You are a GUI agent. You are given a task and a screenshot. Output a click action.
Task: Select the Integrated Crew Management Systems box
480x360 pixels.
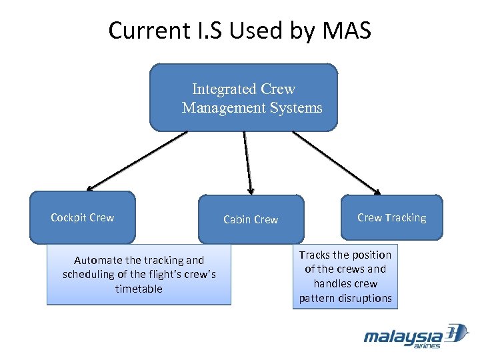(x=243, y=97)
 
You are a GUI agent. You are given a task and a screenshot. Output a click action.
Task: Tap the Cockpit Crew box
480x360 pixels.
(x=82, y=218)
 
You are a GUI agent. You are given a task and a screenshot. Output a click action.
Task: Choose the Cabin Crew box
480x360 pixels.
(x=251, y=219)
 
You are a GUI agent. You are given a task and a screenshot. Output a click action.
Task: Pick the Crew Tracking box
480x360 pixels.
(x=391, y=217)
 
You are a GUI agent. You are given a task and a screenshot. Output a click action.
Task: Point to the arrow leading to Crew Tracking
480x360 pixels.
(x=337, y=161)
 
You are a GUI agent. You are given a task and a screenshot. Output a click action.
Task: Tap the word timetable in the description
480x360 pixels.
(x=139, y=289)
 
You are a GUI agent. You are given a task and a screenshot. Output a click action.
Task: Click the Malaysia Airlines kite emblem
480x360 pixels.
(x=456, y=333)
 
